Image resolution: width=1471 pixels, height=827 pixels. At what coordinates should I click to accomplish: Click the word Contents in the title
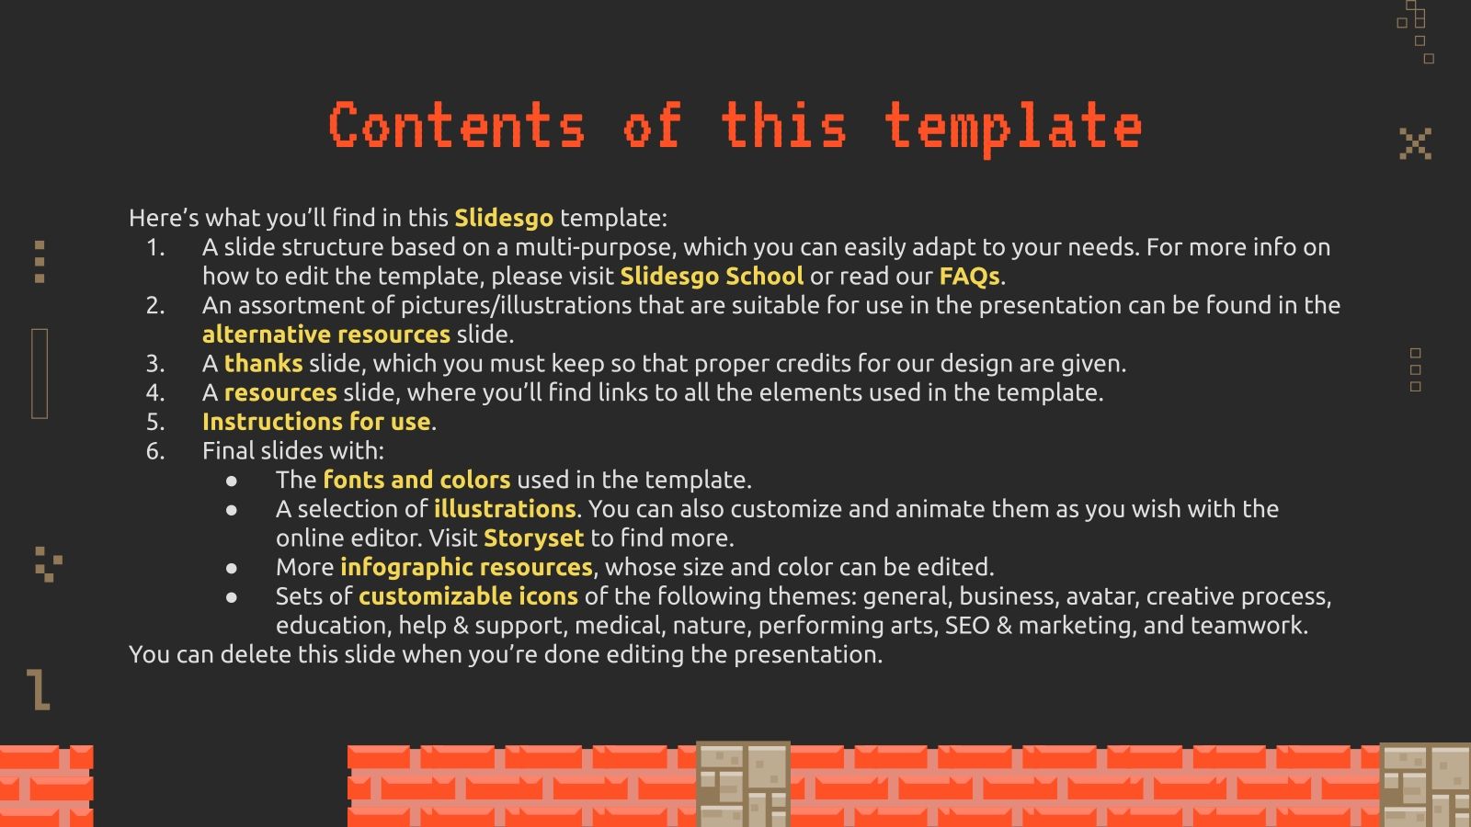click(457, 126)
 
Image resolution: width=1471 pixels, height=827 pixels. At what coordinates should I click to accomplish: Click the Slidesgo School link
click(711, 276)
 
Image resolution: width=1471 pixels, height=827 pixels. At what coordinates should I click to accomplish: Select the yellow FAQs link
click(969, 276)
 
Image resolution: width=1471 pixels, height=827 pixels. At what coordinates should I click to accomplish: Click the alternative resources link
click(326, 334)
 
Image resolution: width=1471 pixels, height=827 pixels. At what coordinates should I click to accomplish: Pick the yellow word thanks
click(263, 363)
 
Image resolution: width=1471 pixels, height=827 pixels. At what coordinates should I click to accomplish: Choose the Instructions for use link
click(316, 422)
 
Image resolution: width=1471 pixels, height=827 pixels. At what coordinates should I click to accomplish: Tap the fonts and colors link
click(416, 480)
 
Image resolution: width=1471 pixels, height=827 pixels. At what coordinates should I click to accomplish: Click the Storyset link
click(533, 538)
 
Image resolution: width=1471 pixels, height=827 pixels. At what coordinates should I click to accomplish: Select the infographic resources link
click(466, 567)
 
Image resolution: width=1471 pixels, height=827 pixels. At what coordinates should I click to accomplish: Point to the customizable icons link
click(468, 596)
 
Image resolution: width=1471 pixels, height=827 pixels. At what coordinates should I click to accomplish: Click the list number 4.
click(155, 392)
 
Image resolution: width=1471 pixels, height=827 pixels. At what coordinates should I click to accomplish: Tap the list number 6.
click(155, 450)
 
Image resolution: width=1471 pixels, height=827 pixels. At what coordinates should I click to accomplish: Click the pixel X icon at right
click(1415, 143)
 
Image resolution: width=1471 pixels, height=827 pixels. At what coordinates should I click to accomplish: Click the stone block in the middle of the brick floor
click(743, 784)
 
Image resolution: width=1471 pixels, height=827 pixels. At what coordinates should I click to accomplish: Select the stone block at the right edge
click(1425, 785)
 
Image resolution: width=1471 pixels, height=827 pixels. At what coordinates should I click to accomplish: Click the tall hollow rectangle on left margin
click(40, 373)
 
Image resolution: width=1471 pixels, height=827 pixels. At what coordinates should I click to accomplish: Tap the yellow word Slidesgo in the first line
click(504, 218)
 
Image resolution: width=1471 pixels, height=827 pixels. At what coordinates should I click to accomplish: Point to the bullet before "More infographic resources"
click(232, 568)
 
